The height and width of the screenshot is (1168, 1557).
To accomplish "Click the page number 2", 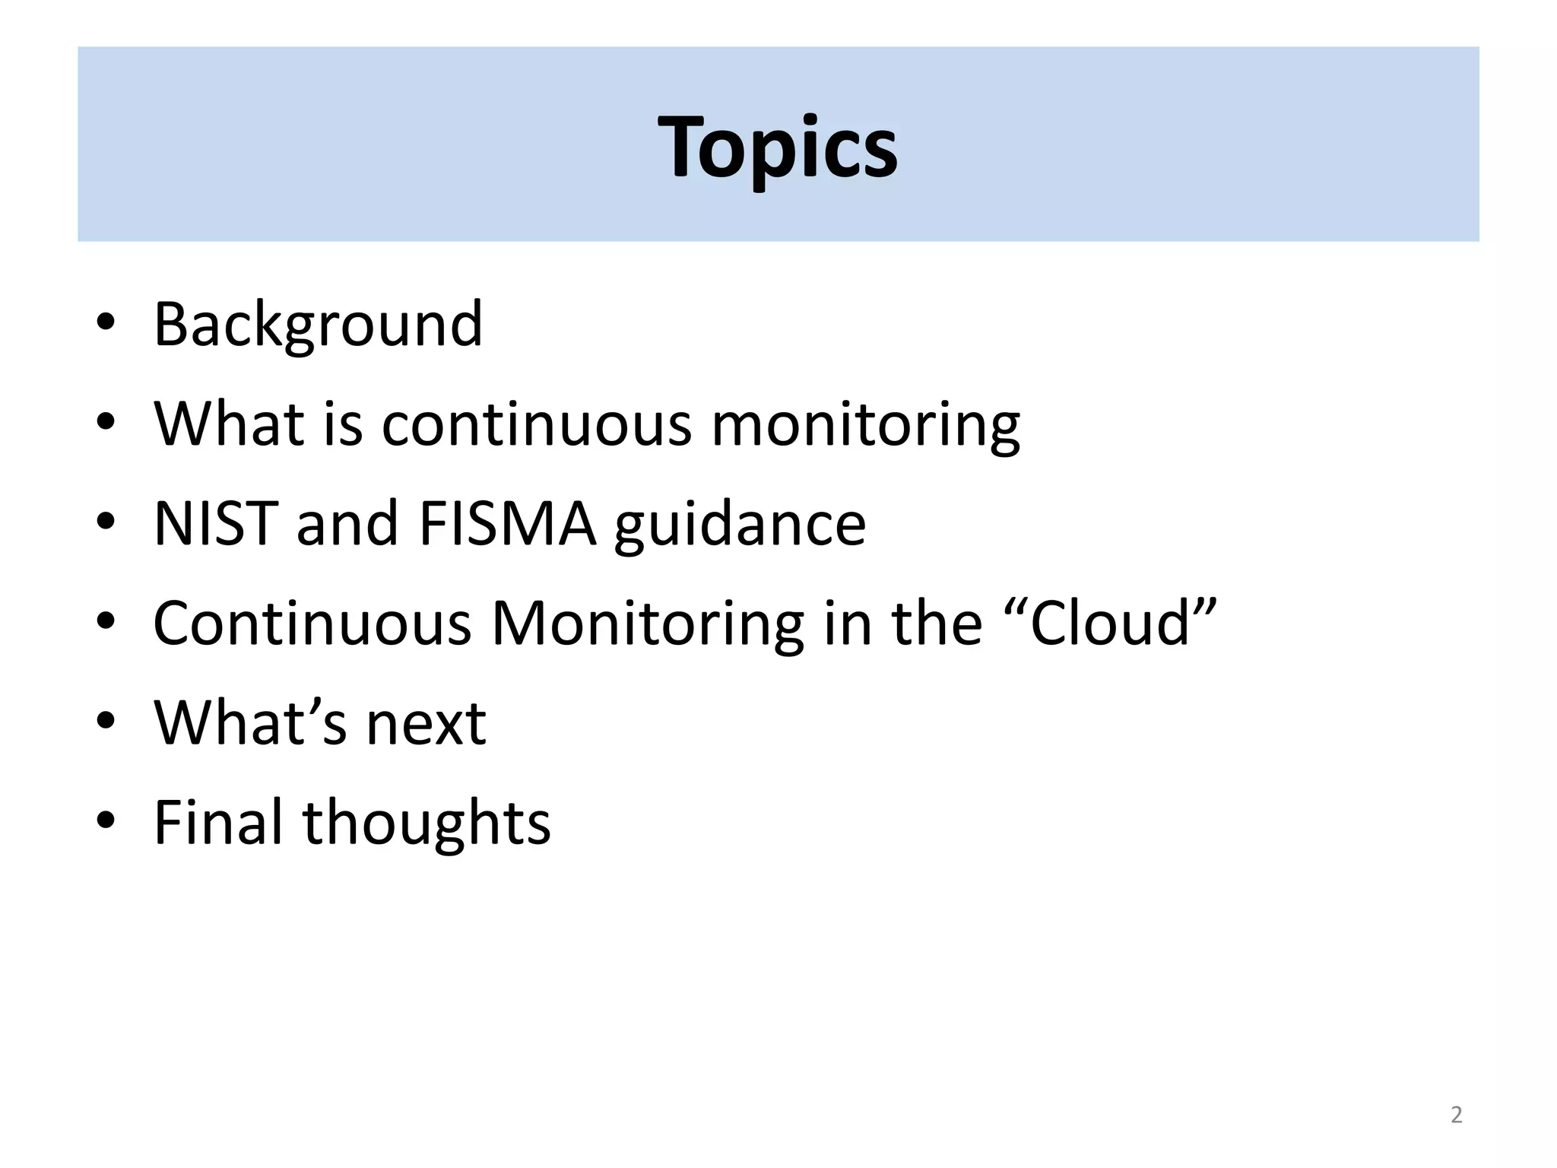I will point(1456,1115).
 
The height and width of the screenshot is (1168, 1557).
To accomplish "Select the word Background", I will point(318,325).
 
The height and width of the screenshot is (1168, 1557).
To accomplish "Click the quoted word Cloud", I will point(1110,623).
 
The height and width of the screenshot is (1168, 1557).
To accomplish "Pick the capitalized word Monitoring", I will point(648,624).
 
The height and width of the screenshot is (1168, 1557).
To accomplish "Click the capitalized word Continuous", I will point(312,623).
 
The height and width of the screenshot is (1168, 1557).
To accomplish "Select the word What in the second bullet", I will point(229,424).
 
